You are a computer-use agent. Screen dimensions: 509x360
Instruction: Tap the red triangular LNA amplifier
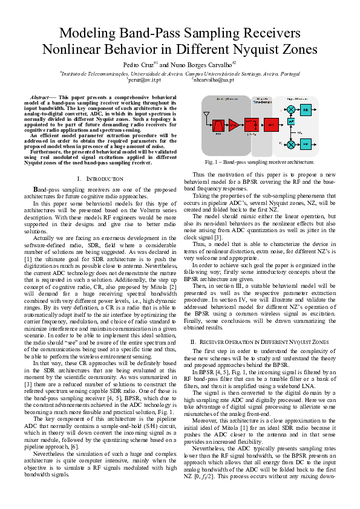coord(234,126)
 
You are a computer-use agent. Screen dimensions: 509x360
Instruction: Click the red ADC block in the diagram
coord(271,126)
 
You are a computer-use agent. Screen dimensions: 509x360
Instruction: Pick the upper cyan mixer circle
coord(292,109)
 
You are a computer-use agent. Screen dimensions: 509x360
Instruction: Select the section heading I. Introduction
coord(101,179)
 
